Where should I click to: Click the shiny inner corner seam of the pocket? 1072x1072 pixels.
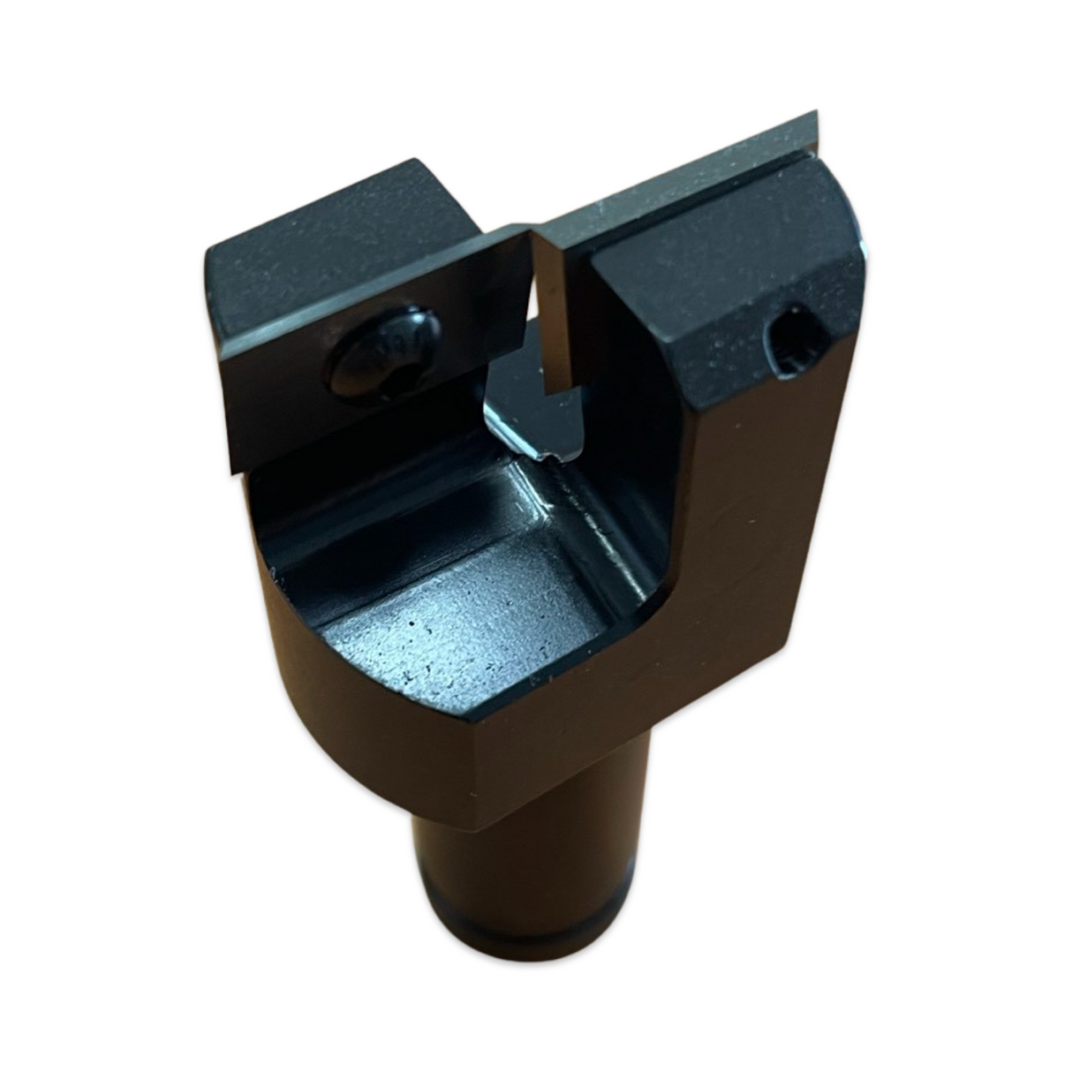565,512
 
